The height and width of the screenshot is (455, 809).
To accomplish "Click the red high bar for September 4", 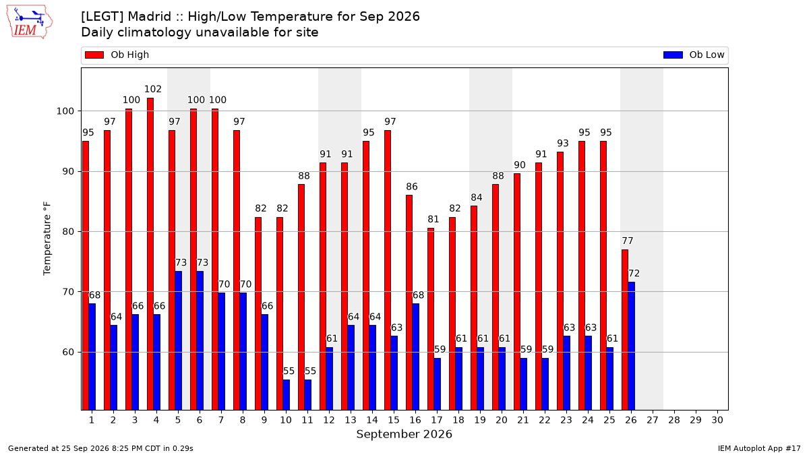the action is pos(150,254).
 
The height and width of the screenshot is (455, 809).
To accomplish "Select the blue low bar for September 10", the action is pos(286,395).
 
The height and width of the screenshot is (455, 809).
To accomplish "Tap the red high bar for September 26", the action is pos(625,330).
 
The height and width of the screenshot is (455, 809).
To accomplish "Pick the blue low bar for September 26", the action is pos(631,346).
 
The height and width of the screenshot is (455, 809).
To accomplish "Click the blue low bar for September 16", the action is pos(416,357).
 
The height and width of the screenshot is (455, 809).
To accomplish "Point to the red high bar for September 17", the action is pos(431,319).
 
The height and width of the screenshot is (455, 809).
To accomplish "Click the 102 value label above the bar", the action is pos(153,89).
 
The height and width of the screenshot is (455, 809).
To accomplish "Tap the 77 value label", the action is pos(628,241).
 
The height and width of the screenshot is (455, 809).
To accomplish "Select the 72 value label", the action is pos(634,274).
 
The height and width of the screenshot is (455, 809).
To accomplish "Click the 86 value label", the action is pos(412,186).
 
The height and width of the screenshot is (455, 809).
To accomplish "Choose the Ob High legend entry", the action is pos(117,55).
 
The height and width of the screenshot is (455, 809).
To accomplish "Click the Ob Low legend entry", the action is pos(694,55).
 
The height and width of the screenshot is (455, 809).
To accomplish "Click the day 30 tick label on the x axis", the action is pos(717,420).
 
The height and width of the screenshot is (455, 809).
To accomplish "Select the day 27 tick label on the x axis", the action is pos(653,420).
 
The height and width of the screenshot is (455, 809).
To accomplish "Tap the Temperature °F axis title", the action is pos(47,239).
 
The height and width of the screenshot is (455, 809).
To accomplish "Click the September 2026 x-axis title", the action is pos(404,433).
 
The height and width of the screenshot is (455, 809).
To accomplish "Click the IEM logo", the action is pos(30,22).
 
